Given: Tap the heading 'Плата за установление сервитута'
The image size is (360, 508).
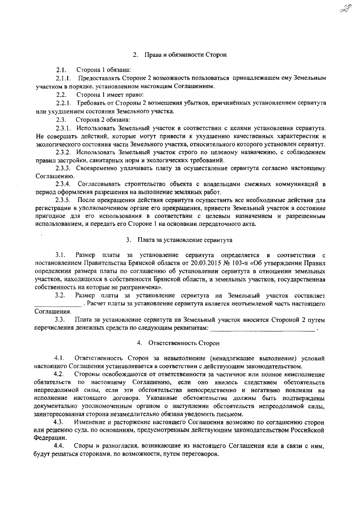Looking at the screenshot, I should coord(185,240).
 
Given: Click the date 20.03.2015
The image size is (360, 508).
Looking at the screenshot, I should coord(204,263).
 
